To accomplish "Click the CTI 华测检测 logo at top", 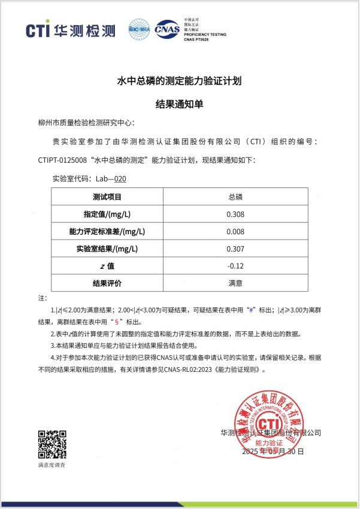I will pyautogui.click(x=71, y=31).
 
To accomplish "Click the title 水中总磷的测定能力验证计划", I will pyautogui.click(x=179, y=80).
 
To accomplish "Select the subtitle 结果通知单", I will pyautogui.click(x=179, y=104).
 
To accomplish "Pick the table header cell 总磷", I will pyautogui.click(x=235, y=197).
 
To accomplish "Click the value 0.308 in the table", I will pyautogui.click(x=235, y=214).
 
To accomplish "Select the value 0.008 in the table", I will pyautogui.click(x=235, y=232).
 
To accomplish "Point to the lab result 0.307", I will pyautogui.click(x=235, y=249).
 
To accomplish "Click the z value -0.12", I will pyautogui.click(x=235, y=266).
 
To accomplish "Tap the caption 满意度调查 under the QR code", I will pyautogui.click(x=52, y=465).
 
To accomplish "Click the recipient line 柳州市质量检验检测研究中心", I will pyautogui.click(x=86, y=123).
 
